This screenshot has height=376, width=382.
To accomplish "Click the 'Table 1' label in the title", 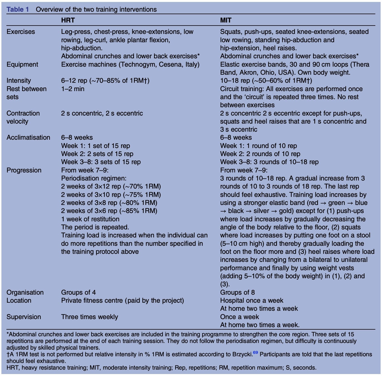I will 18,9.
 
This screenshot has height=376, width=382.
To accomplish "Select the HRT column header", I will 68,20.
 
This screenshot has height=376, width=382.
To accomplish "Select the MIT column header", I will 225,20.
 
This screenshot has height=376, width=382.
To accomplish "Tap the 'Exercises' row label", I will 21,32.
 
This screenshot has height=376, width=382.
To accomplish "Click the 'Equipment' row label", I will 22,64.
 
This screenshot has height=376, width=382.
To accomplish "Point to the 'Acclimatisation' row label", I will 28,137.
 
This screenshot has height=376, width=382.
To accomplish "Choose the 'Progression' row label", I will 24,170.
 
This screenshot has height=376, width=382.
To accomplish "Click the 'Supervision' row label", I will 24,317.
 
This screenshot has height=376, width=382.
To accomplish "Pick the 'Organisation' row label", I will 25,292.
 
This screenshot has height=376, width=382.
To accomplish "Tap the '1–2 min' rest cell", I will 73,89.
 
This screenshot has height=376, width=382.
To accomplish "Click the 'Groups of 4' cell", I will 78,292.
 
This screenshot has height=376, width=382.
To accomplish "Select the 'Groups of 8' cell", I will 237,292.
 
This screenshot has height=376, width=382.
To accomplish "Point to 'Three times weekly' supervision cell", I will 90,317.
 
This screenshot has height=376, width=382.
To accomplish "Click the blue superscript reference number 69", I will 255,353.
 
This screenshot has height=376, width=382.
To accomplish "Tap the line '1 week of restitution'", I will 90,219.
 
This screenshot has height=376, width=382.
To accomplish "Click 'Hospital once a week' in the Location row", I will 252,300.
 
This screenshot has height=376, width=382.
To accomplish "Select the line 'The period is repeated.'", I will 95,227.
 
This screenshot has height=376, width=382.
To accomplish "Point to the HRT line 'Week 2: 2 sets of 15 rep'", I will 97,154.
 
